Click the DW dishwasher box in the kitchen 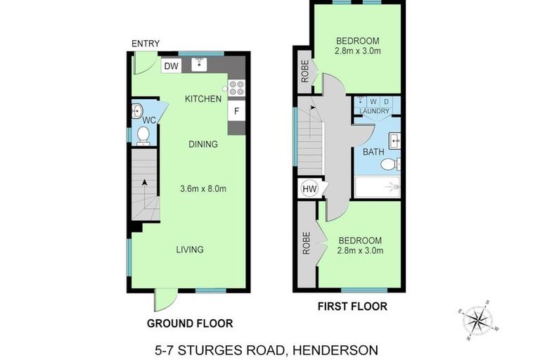[170, 66]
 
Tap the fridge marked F [236, 111]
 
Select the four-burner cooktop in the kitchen [236, 88]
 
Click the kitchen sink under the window [200, 64]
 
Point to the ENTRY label [146, 44]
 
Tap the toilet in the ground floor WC [143, 134]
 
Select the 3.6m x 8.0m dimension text [203, 188]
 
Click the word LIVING [190, 250]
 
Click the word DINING [203, 144]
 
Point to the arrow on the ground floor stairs [145, 183]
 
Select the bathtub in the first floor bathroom [377, 187]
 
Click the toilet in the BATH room [389, 164]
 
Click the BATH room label [373, 152]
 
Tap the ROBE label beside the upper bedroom [305, 73]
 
